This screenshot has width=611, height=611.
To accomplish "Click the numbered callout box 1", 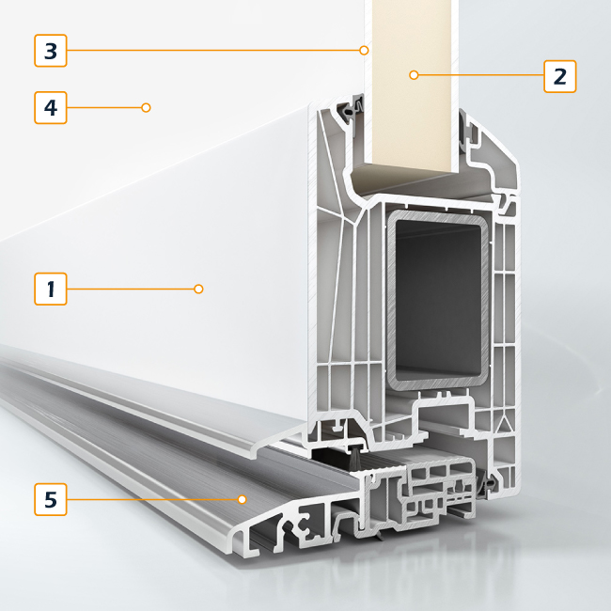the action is click(51, 289).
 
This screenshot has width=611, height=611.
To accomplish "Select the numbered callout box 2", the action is click(560, 76).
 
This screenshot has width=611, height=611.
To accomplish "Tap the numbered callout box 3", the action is click(51, 51).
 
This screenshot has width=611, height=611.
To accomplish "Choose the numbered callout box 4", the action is click(51, 107).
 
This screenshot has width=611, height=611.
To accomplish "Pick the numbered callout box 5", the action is click(51, 499).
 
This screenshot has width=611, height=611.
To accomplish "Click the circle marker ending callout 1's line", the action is click(198, 289).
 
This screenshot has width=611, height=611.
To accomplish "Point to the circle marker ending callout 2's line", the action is click(414, 74).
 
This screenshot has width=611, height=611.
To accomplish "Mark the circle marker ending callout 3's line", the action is click(364, 50).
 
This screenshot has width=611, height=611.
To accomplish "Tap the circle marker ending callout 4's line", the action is click(146, 107).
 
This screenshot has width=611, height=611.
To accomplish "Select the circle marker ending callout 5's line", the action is click(243, 499).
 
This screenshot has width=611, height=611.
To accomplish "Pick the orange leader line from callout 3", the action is click(213, 50).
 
